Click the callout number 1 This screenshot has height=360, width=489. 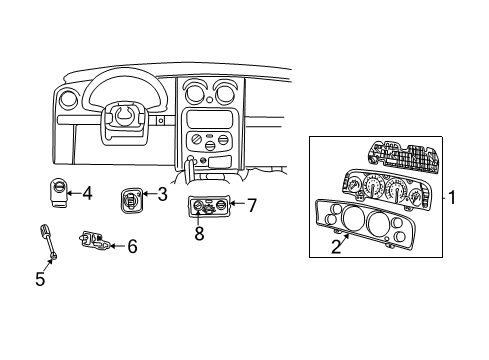[x=451, y=198]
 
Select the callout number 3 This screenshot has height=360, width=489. [x=162, y=194]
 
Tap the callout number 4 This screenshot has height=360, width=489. [x=87, y=193]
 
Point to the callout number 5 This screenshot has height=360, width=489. [x=40, y=279]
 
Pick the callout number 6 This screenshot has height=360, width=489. [x=132, y=245]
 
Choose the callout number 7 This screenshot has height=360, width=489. [x=252, y=206]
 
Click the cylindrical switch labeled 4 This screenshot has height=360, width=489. [x=60, y=192]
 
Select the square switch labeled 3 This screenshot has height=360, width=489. [x=130, y=198]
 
